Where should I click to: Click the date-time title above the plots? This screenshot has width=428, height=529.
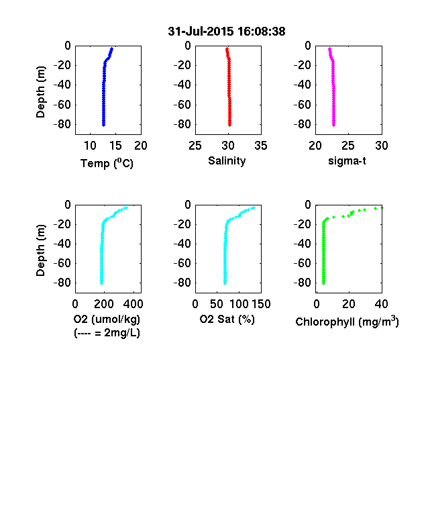point(227,32)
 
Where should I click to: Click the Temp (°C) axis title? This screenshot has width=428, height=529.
point(107,163)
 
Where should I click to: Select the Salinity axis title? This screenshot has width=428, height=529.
point(227,160)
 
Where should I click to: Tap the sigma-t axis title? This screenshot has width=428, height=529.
point(347,161)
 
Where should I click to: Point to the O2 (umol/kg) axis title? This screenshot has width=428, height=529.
point(107,319)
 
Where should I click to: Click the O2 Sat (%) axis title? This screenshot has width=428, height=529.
point(227,319)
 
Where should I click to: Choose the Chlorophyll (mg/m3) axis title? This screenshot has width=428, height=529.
point(347,321)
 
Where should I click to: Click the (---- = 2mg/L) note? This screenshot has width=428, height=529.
point(107,333)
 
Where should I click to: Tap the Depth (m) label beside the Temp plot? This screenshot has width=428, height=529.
point(40,92)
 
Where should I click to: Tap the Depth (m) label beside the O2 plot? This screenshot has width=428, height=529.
point(40,250)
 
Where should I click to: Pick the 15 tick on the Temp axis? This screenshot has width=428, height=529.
point(115,146)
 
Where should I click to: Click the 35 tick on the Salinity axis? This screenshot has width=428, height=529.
point(261,146)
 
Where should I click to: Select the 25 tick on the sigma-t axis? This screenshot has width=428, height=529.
point(348,146)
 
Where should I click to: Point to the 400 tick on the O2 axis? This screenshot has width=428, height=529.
point(133,304)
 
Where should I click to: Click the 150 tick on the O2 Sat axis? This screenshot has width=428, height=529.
point(261,304)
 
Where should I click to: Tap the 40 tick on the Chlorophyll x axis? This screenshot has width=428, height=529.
point(381,304)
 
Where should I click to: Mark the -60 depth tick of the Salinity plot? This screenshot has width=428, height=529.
point(182,105)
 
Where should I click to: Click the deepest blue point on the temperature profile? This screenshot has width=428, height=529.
point(104,125)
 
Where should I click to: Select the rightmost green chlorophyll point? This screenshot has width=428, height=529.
point(382,207)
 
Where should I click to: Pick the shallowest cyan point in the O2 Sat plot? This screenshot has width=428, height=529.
point(254,208)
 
